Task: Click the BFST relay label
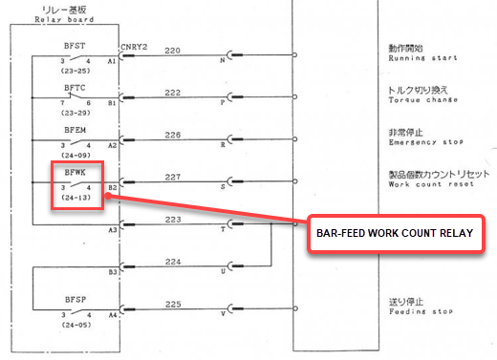click(x=75, y=45)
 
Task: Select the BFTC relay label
click(x=75, y=86)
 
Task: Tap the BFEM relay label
click(x=75, y=127)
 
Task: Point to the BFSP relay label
click(x=75, y=299)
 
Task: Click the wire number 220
click(x=172, y=51)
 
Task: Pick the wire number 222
click(x=172, y=92)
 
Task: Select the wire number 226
click(x=172, y=135)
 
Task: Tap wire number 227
click(x=172, y=177)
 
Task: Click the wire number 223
click(x=172, y=219)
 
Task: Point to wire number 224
click(x=172, y=261)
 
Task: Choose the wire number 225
click(x=172, y=304)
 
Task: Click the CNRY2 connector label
click(x=133, y=46)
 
